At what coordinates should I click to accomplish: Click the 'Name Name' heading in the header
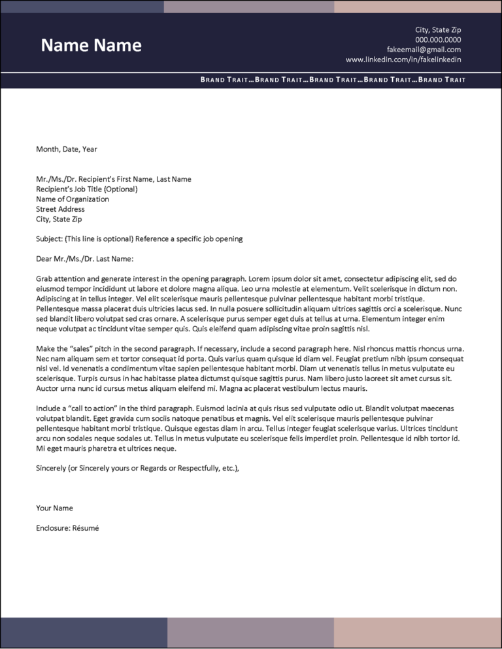pos(91,45)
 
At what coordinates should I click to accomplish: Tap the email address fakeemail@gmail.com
pos(424,50)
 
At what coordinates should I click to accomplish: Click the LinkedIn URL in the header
pos(403,59)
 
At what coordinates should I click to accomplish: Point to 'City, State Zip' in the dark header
pos(438,30)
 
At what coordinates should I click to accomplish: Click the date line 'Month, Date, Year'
pos(67,149)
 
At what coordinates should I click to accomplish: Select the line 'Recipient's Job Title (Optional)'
pos(87,190)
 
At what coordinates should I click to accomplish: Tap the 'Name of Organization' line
pos(73,199)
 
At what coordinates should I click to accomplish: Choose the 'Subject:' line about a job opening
pos(139,239)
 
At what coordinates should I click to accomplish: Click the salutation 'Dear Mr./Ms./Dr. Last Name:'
pos(84,259)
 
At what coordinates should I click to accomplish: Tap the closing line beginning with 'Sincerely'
pos(137,468)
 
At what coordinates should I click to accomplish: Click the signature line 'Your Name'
pos(54,508)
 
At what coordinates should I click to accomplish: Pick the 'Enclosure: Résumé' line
pos(67,527)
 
